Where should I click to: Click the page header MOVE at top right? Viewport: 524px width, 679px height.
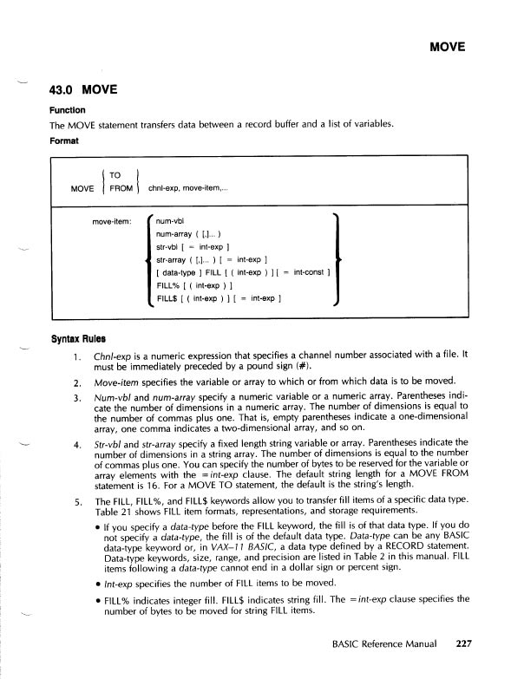pos(448,46)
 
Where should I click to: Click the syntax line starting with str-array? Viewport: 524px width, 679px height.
pos(210,259)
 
